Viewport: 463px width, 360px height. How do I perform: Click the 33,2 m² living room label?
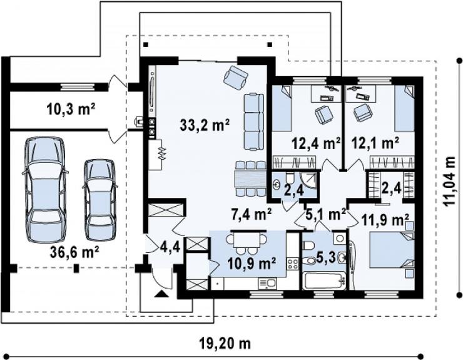pyautogui.click(x=205, y=125)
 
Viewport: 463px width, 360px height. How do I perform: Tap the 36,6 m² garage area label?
pyautogui.click(x=74, y=252)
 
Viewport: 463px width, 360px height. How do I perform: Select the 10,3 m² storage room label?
pyautogui.click(x=71, y=110)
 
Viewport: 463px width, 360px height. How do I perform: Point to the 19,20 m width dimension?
pyautogui.click(x=225, y=344)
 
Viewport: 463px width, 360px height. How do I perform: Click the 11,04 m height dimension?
pyautogui.click(x=451, y=182)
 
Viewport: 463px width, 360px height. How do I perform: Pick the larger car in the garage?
pyautogui.click(x=45, y=189)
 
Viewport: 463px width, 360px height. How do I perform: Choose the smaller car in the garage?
pyautogui.click(x=99, y=200)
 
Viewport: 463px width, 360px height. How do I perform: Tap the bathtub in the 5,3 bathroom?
pyautogui.click(x=325, y=281)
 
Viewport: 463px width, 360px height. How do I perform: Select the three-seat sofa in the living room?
pyautogui.click(x=253, y=122)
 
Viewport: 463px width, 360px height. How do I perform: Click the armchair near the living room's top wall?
pyautogui.click(x=236, y=77)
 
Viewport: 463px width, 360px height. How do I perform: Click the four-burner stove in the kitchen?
pyautogui.click(x=293, y=264)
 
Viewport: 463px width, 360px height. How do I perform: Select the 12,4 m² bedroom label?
pyautogui.click(x=316, y=143)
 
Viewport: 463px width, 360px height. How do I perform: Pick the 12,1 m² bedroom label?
pyautogui.click(x=375, y=143)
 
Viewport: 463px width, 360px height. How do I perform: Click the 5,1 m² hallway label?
pyautogui.click(x=326, y=214)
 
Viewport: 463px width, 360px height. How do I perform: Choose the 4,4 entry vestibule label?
pyautogui.click(x=170, y=246)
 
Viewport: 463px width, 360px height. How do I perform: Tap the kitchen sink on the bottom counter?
pyautogui.click(x=268, y=284)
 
